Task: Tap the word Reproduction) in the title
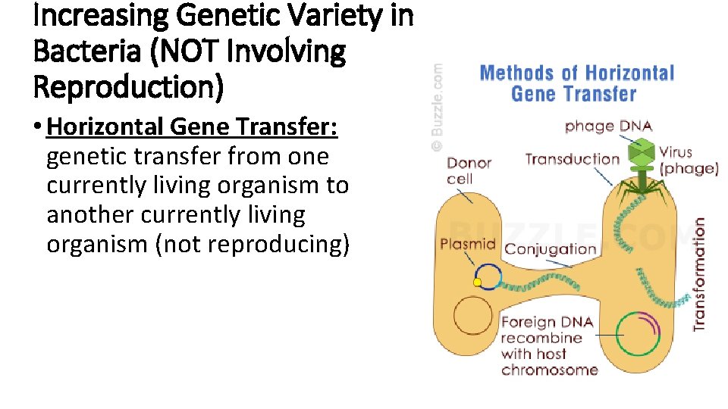coord(129,87)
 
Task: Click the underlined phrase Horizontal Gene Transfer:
coord(192,126)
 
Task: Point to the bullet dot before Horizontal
coord(38,127)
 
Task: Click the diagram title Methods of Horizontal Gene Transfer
coord(576,83)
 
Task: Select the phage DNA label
coord(608,126)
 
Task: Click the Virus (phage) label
coord(688,161)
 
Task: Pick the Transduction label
coord(572,159)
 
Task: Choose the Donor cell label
coord(469,170)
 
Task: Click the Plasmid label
coord(468,244)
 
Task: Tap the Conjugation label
coord(551,249)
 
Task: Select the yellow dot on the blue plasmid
coord(477,283)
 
